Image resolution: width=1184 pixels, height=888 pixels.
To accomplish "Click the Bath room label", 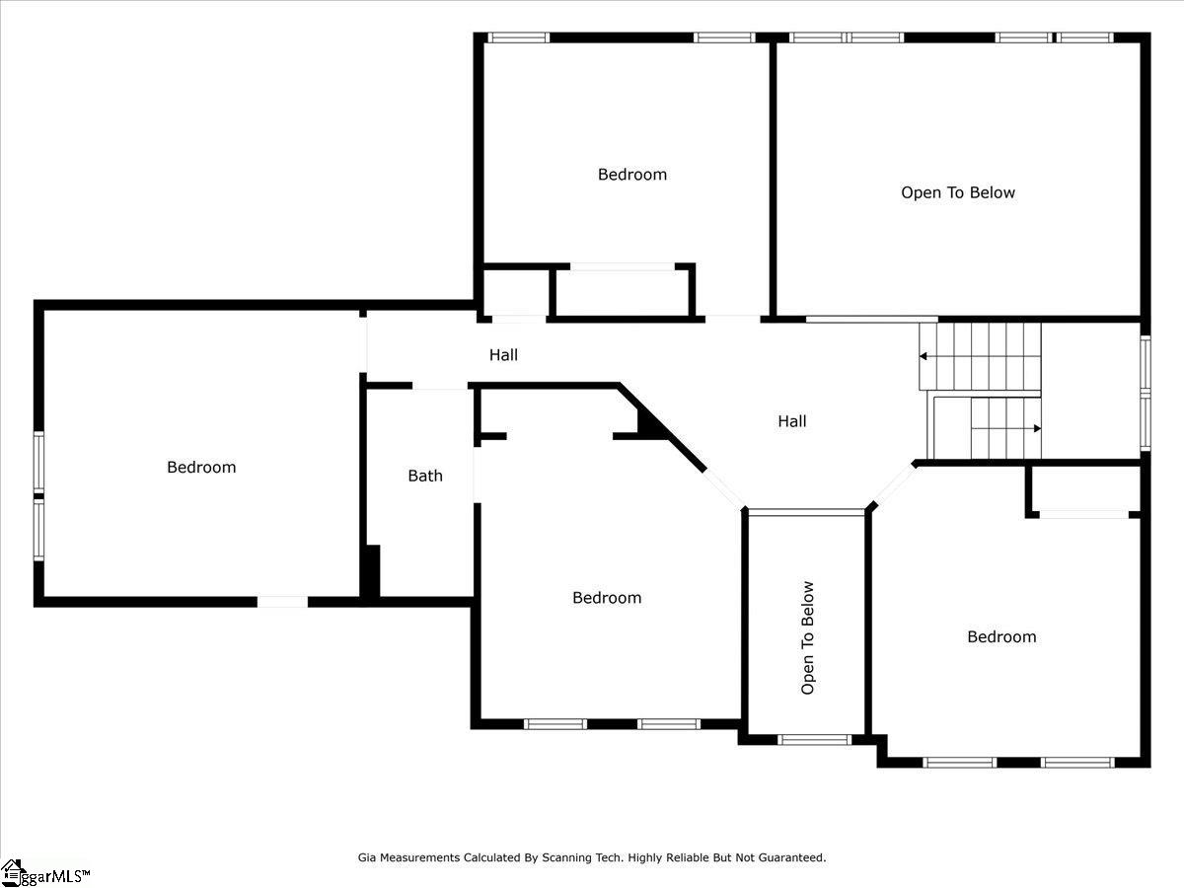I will (x=425, y=476).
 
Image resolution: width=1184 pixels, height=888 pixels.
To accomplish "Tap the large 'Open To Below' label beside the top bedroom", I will (x=957, y=192).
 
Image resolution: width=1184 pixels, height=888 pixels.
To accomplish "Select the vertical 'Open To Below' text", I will (x=808, y=637).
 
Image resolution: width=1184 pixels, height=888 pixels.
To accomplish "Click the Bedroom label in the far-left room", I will (x=201, y=467).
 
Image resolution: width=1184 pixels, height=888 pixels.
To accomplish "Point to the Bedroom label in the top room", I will (x=631, y=175).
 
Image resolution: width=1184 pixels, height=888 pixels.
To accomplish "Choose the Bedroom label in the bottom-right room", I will (x=1000, y=636).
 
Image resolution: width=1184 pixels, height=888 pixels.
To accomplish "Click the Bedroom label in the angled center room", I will (x=606, y=597).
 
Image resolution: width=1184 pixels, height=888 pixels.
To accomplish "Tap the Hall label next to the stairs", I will (x=791, y=421).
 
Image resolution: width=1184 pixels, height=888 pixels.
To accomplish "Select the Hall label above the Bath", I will (x=503, y=354).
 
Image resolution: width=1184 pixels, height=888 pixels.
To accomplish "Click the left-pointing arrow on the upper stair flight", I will (x=925, y=355).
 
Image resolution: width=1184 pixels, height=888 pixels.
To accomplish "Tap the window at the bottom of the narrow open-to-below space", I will (x=814, y=739).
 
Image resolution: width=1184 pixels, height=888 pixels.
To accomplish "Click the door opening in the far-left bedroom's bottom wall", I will (x=282, y=601).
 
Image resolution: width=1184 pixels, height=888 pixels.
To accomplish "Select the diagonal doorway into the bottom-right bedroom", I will (x=894, y=484).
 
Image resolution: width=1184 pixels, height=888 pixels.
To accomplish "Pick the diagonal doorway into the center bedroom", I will (x=724, y=487).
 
